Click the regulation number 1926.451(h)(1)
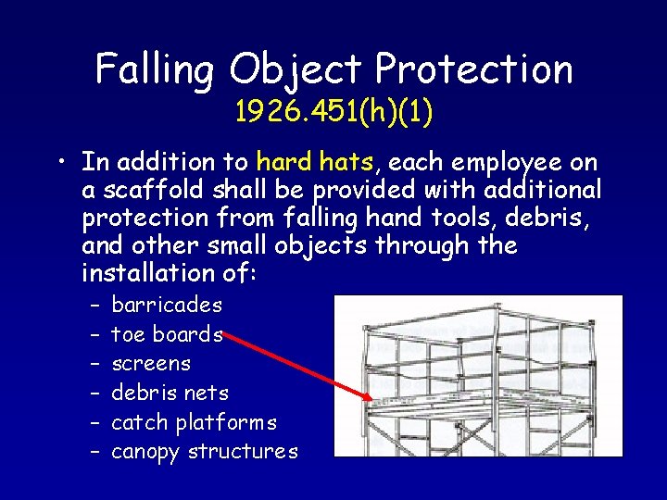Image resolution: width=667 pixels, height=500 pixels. click(334, 113)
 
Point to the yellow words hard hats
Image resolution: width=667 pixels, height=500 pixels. click(316, 163)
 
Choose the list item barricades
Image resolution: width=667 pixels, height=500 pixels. click(167, 305)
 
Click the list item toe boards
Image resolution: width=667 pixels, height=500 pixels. click(167, 334)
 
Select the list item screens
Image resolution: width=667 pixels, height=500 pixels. click(151, 364)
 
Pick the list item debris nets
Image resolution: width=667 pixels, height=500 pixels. click(170, 394)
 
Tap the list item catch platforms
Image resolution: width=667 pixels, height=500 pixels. click(194, 423)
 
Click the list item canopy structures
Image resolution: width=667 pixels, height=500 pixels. click(205, 453)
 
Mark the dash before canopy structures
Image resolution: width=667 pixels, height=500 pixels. click(96, 452)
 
